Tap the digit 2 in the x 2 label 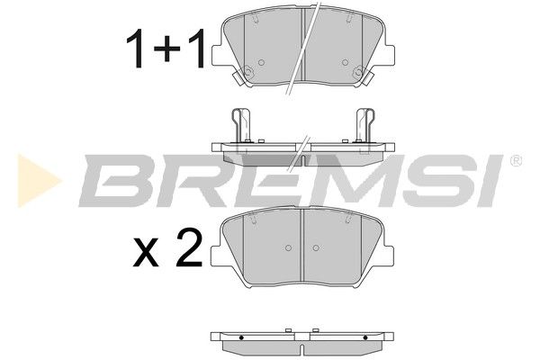pyautogui.click(x=189, y=247)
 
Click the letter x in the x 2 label pyautogui.click(x=146, y=253)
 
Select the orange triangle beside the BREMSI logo pyautogui.click(x=40, y=181)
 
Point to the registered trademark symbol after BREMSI pyautogui.click(x=516, y=161)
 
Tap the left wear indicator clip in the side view pyautogui.click(x=241, y=125)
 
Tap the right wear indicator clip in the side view pyautogui.click(x=365, y=125)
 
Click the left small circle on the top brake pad pyautogui.click(x=261, y=62)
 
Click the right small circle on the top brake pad pyautogui.click(x=345, y=62)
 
